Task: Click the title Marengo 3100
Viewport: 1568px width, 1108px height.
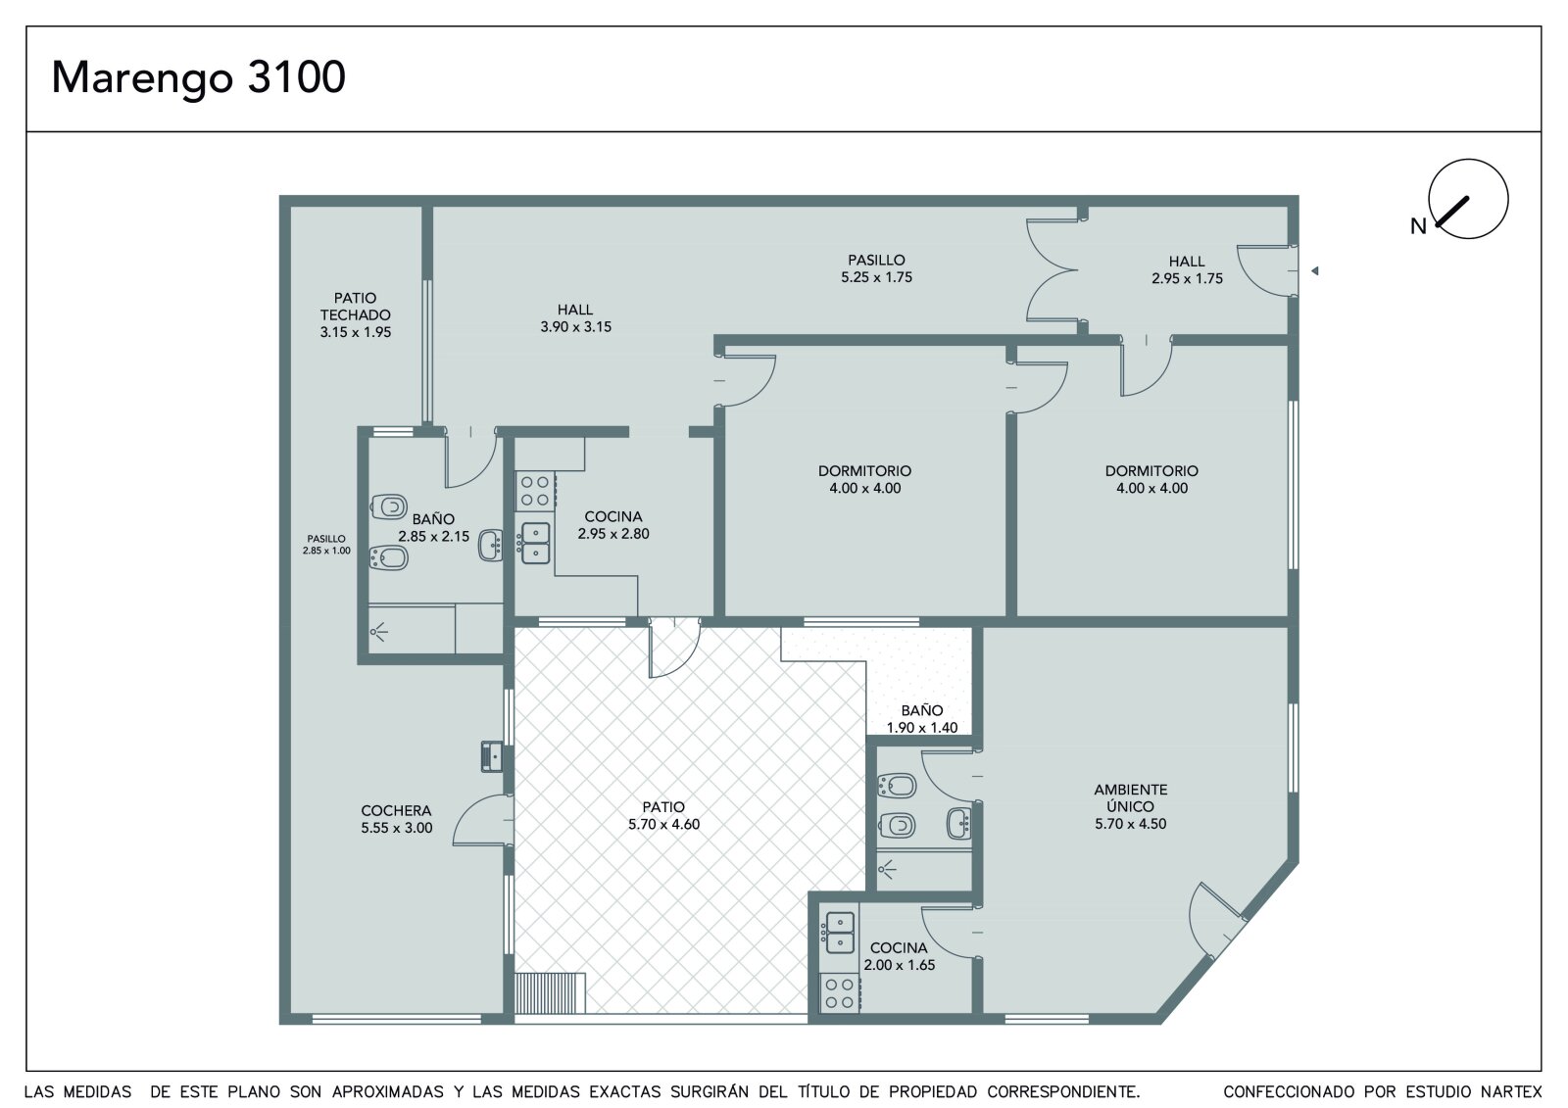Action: pyautogui.click(x=199, y=77)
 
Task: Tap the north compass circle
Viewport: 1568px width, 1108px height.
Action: pyautogui.click(x=1468, y=160)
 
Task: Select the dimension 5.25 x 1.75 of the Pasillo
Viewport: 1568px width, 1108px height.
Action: pyautogui.click(x=876, y=277)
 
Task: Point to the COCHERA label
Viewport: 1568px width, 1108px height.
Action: pyautogui.click(x=396, y=810)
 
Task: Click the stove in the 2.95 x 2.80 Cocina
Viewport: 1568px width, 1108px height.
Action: pyautogui.click(x=535, y=491)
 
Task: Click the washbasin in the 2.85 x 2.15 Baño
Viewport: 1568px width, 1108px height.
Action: pyautogui.click(x=491, y=546)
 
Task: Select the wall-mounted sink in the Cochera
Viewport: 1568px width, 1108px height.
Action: pyautogui.click(x=492, y=756)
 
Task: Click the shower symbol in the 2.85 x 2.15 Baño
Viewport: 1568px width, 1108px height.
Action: pyautogui.click(x=378, y=633)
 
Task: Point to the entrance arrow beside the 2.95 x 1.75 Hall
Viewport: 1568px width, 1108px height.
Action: pyautogui.click(x=1314, y=270)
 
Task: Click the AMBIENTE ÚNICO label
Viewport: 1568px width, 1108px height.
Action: pyautogui.click(x=1131, y=797)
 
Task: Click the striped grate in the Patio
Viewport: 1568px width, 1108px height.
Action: pyautogui.click(x=550, y=993)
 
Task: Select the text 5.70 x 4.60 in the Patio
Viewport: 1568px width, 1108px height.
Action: pyautogui.click(x=663, y=825)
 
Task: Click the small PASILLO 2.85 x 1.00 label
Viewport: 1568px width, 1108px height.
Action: pyautogui.click(x=326, y=545)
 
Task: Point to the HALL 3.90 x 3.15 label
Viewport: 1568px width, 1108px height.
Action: pyautogui.click(x=575, y=318)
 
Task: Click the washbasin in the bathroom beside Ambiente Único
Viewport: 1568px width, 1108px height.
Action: pyautogui.click(x=959, y=823)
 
